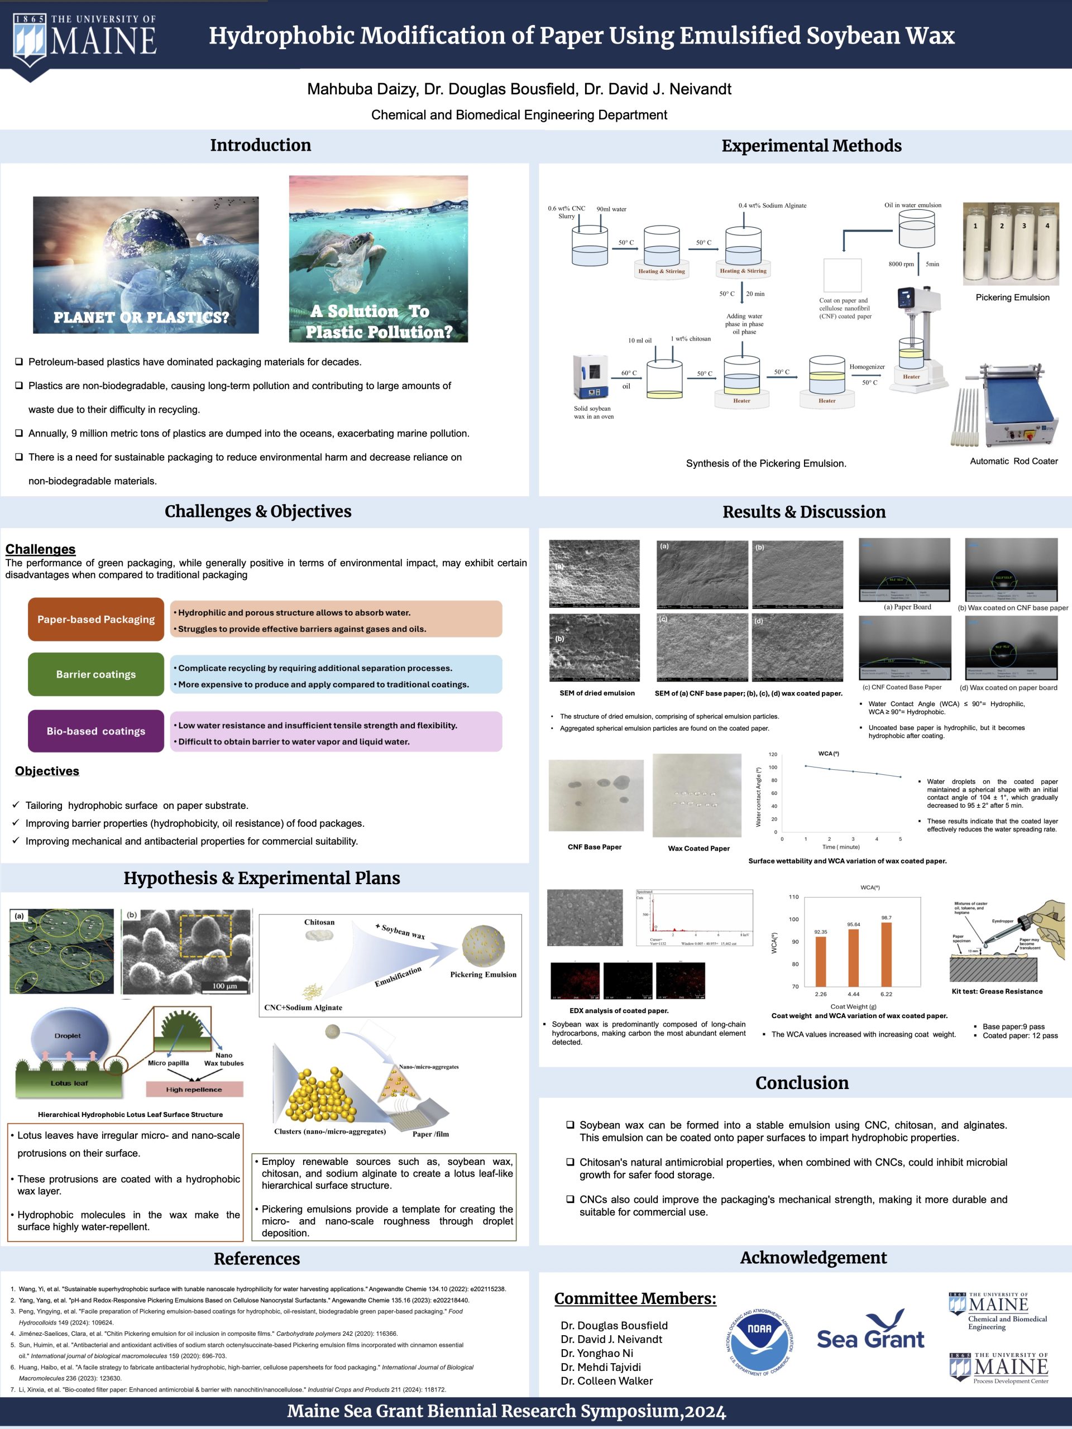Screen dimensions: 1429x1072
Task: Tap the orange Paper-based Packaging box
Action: pyautogui.click(x=95, y=620)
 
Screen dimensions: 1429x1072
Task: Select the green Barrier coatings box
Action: pyautogui.click(x=95, y=674)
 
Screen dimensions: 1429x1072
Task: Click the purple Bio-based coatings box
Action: pyautogui.click(x=95, y=731)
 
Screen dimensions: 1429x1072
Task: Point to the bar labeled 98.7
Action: pyautogui.click(x=886, y=953)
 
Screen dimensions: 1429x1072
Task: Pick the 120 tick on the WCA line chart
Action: pyautogui.click(x=773, y=755)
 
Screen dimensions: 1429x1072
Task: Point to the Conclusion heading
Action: pyautogui.click(x=802, y=1083)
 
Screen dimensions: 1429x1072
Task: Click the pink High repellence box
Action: pyautogui.click(x=194, y=1090)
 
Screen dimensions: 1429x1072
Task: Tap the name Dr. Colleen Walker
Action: pyautogui.click(x=606, y=1380)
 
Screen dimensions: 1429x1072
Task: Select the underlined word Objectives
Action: pyautogui.click(x=47, y=771)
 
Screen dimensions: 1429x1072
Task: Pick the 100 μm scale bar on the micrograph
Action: pyautogui.click(x=224, y=986)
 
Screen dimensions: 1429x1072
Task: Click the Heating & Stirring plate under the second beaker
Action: pyautogui.click(x=662, y=271)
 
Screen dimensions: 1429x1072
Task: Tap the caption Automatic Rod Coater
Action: pyautogui.click(x=1013, y=461)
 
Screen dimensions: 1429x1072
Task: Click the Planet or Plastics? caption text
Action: pyautogui.click(x=141, y=317)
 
